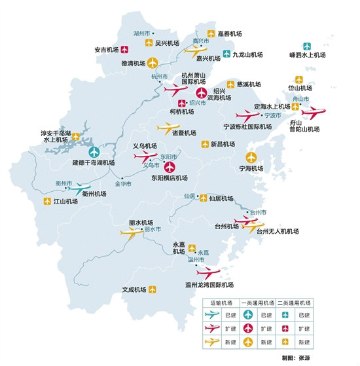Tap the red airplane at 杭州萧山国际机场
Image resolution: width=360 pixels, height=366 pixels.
(x=176, y=88)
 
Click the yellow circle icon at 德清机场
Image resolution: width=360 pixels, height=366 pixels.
(x=153, y=63)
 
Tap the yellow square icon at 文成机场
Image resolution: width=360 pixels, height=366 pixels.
(x=153, y=288)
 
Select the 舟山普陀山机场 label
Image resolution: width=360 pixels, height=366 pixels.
(x=306, y=126)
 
